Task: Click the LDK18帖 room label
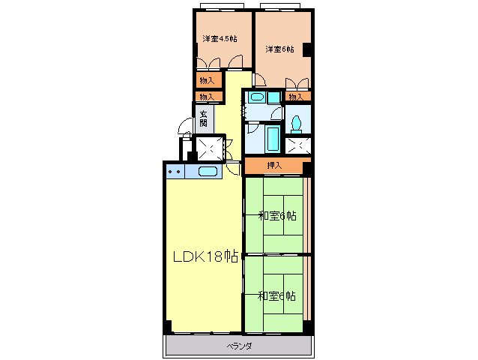205,256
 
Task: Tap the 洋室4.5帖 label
220,39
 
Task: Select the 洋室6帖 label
279,49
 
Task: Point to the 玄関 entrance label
203,118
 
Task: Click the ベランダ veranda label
239,346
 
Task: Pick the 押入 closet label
274,165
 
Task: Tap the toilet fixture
296,124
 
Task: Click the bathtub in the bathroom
273,139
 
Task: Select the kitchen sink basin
208,172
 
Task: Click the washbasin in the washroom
257,97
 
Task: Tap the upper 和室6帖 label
277,216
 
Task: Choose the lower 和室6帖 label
276,296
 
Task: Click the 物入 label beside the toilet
296,97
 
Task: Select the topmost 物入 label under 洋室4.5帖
207,80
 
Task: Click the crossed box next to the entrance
210,148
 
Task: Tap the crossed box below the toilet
298,145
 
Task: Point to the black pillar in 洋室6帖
306,49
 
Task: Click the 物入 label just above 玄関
207,97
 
